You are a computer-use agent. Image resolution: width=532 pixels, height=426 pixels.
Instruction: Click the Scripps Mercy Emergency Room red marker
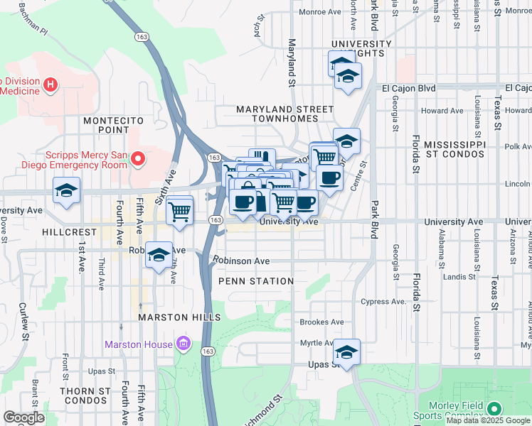click(x=139, y=158)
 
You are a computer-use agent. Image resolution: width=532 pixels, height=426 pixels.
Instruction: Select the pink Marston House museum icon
click(x=184, y=344)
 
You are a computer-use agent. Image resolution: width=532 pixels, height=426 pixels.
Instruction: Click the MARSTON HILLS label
click(x=180, y=317)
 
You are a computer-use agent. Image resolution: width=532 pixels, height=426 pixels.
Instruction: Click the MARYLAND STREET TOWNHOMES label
click(x=284, y=114)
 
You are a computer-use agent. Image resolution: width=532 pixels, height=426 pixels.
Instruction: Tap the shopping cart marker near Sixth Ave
click(x=180, y=210)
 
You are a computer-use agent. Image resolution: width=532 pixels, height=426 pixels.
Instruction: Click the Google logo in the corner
click(x=24, y=417)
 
